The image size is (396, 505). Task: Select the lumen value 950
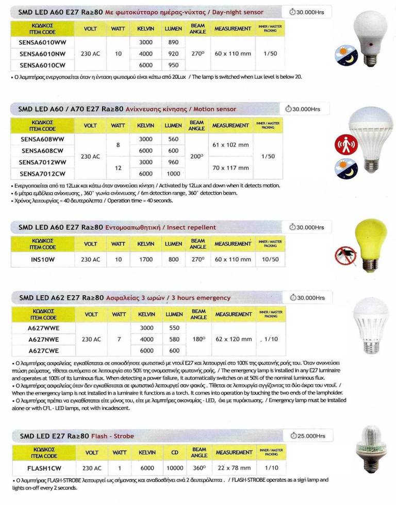pos(173,65)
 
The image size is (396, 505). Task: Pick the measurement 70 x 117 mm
pos(232,168)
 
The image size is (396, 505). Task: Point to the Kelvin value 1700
pos(146,260)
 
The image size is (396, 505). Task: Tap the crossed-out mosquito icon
pos(344,255)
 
